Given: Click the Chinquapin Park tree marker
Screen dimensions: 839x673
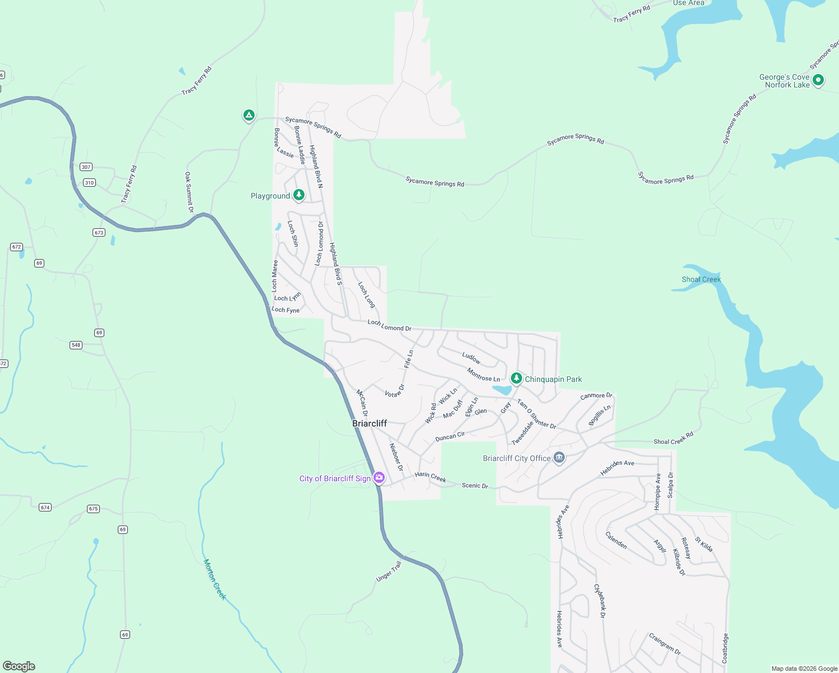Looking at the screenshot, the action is pyautogui.click(x=517, y=379).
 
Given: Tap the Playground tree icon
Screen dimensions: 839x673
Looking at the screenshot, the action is pyautogui.click(x=299, y=195).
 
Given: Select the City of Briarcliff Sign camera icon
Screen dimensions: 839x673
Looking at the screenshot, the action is pyautogui.click(x=379, y=478).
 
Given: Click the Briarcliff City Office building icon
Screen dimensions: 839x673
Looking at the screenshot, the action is pyautogui.click(x=559, y=458).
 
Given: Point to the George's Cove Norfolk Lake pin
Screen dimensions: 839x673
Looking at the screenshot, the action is pyautogui.click(x=818, y=80).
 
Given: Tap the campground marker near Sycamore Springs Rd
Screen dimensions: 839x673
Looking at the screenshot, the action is pyautogui.click(x=249, y=116).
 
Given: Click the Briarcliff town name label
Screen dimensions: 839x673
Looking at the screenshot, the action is pyautogui.click(x=370, y=423).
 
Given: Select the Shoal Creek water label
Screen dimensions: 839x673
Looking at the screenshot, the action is pyautogui.click(x=701, y=279).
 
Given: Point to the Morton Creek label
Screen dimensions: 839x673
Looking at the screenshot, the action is pyautogui.click(x=215, y=579).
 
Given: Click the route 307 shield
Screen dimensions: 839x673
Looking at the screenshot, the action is pyautogui.click(x=86, y=167).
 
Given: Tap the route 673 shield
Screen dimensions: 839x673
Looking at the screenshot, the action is pyautogui.click(x=99, y=232).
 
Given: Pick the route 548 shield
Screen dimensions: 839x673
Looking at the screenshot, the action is pyautogui.click(x=76, y=345).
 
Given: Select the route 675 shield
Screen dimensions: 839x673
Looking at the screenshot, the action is pyautogui.click(x=93, y=509).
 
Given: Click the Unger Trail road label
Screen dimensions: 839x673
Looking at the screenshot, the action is pyautogui.click(x=389, y=571).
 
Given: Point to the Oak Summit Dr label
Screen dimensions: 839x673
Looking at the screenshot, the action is pyautogui.click(x=189, y=192).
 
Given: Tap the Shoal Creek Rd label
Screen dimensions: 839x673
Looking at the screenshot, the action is pyautogui.click(x=674, y=438).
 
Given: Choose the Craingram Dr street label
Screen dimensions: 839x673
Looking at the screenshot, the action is pyautogui.click(x=665, y=644).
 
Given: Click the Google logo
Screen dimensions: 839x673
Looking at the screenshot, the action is pyautogui.click(x=19, y=666).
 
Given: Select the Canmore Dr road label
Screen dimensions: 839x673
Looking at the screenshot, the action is pyautogui.click(x=596, y=396).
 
